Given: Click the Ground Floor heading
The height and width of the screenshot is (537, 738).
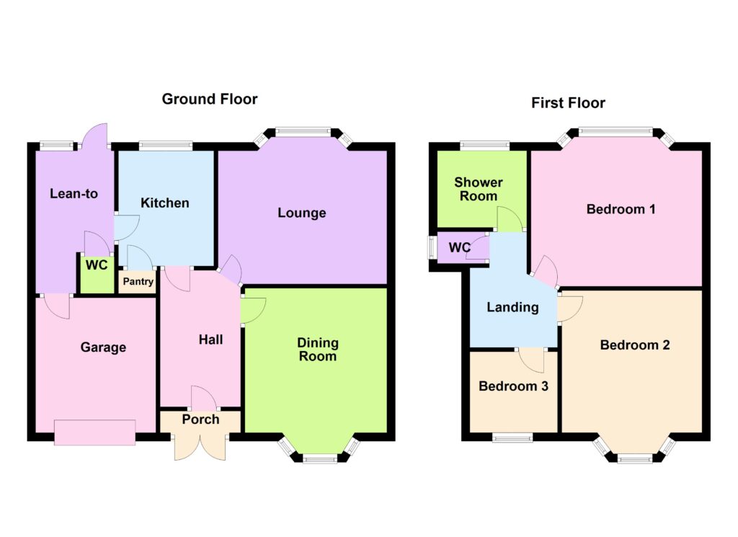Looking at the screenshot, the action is coord(210,99).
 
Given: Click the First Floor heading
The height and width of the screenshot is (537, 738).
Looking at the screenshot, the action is coord(568,102).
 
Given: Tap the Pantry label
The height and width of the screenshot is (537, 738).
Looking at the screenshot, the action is coord(138,281).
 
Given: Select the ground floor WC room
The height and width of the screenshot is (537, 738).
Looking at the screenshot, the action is coord(97,274).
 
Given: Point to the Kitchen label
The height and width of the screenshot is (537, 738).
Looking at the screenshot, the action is coord(165,203).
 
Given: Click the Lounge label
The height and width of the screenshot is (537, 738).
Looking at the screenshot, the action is coord(302,213).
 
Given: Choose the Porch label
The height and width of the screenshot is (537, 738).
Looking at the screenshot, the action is coord(200,420).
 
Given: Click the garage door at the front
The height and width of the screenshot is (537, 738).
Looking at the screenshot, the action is coord(95,432).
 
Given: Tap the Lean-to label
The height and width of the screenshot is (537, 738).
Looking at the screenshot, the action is coord(74,193).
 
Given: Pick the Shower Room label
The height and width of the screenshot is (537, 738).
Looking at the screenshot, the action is coord(479,189).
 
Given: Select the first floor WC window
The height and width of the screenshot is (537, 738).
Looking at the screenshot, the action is coord(432,247).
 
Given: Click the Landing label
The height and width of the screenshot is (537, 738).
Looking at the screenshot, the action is coord(512,307).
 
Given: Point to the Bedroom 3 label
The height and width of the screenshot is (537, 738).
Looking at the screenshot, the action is coord(513,386).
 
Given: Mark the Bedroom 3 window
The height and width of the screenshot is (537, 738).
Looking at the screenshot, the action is coord(512,438).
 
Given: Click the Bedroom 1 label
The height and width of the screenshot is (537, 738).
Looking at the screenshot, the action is coord(621,209).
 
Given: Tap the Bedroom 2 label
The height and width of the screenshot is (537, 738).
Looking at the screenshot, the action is coord(635,345).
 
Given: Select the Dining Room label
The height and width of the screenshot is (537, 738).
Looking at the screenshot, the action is coord(318,349).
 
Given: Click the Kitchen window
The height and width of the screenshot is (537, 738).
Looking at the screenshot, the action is coord(166,146).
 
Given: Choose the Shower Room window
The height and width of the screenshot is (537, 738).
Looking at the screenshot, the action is coord(484,146).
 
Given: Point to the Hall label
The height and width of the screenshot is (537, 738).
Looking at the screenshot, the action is coord(210,339).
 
